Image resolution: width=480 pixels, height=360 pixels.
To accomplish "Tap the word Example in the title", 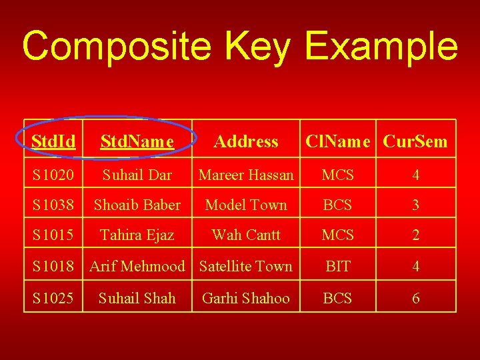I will (381, 47).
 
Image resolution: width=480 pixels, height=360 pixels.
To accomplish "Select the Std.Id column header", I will (53, 141).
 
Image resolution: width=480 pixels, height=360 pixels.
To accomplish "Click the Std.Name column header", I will (137, 141).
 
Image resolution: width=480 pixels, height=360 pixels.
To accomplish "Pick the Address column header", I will (246, 141).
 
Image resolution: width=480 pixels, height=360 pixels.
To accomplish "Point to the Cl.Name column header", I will (341, 141).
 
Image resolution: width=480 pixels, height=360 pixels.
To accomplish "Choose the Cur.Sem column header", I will (415, 141).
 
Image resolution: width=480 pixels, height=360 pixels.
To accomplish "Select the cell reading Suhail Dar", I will (137, 175).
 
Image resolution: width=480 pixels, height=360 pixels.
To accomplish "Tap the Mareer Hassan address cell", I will (246, 175).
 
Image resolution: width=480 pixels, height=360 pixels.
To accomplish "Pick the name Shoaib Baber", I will (137, 205).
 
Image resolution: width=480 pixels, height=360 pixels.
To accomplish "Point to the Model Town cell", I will (246, 205).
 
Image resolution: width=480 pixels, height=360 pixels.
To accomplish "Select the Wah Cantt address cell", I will (246, 235).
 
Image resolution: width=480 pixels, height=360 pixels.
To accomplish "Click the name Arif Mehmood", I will (137, 266).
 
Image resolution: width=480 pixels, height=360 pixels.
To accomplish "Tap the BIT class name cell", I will (337, 266).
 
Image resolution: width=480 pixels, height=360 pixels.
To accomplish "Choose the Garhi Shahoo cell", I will (246, 298).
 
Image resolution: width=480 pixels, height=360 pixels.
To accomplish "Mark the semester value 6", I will (415, 298).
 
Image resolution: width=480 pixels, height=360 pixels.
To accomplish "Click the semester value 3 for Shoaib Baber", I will (415, 205).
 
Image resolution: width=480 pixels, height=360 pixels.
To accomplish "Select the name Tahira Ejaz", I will (137, 235).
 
